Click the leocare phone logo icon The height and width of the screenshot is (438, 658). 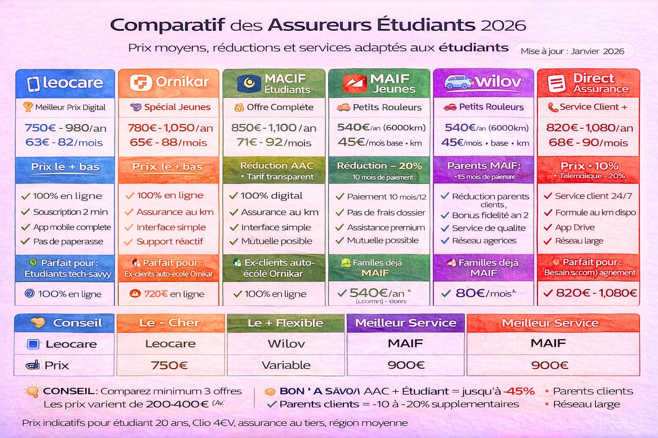coord(33,83)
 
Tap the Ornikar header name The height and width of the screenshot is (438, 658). coord(182,82)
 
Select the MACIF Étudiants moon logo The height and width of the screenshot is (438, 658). coord(249,83)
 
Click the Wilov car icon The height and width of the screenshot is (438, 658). coord(458,82)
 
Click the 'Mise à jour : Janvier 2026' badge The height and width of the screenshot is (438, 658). coord(572,51)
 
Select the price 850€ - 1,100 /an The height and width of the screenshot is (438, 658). coord(274,128)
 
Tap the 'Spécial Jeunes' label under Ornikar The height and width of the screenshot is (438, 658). coord(177,107)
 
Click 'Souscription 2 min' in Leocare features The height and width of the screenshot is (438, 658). coord(70,212)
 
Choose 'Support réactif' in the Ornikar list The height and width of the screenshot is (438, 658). coord(170,242)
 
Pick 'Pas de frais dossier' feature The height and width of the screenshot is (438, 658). coord(386,213)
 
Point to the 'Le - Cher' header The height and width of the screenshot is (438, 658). coord(170,323)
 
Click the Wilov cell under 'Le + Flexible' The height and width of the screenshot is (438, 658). coord(286,343)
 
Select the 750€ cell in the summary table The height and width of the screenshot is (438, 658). coord(170,365)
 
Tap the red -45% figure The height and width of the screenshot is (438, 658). coord(519,391)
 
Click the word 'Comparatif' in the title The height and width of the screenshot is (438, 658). coord(167,25)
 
